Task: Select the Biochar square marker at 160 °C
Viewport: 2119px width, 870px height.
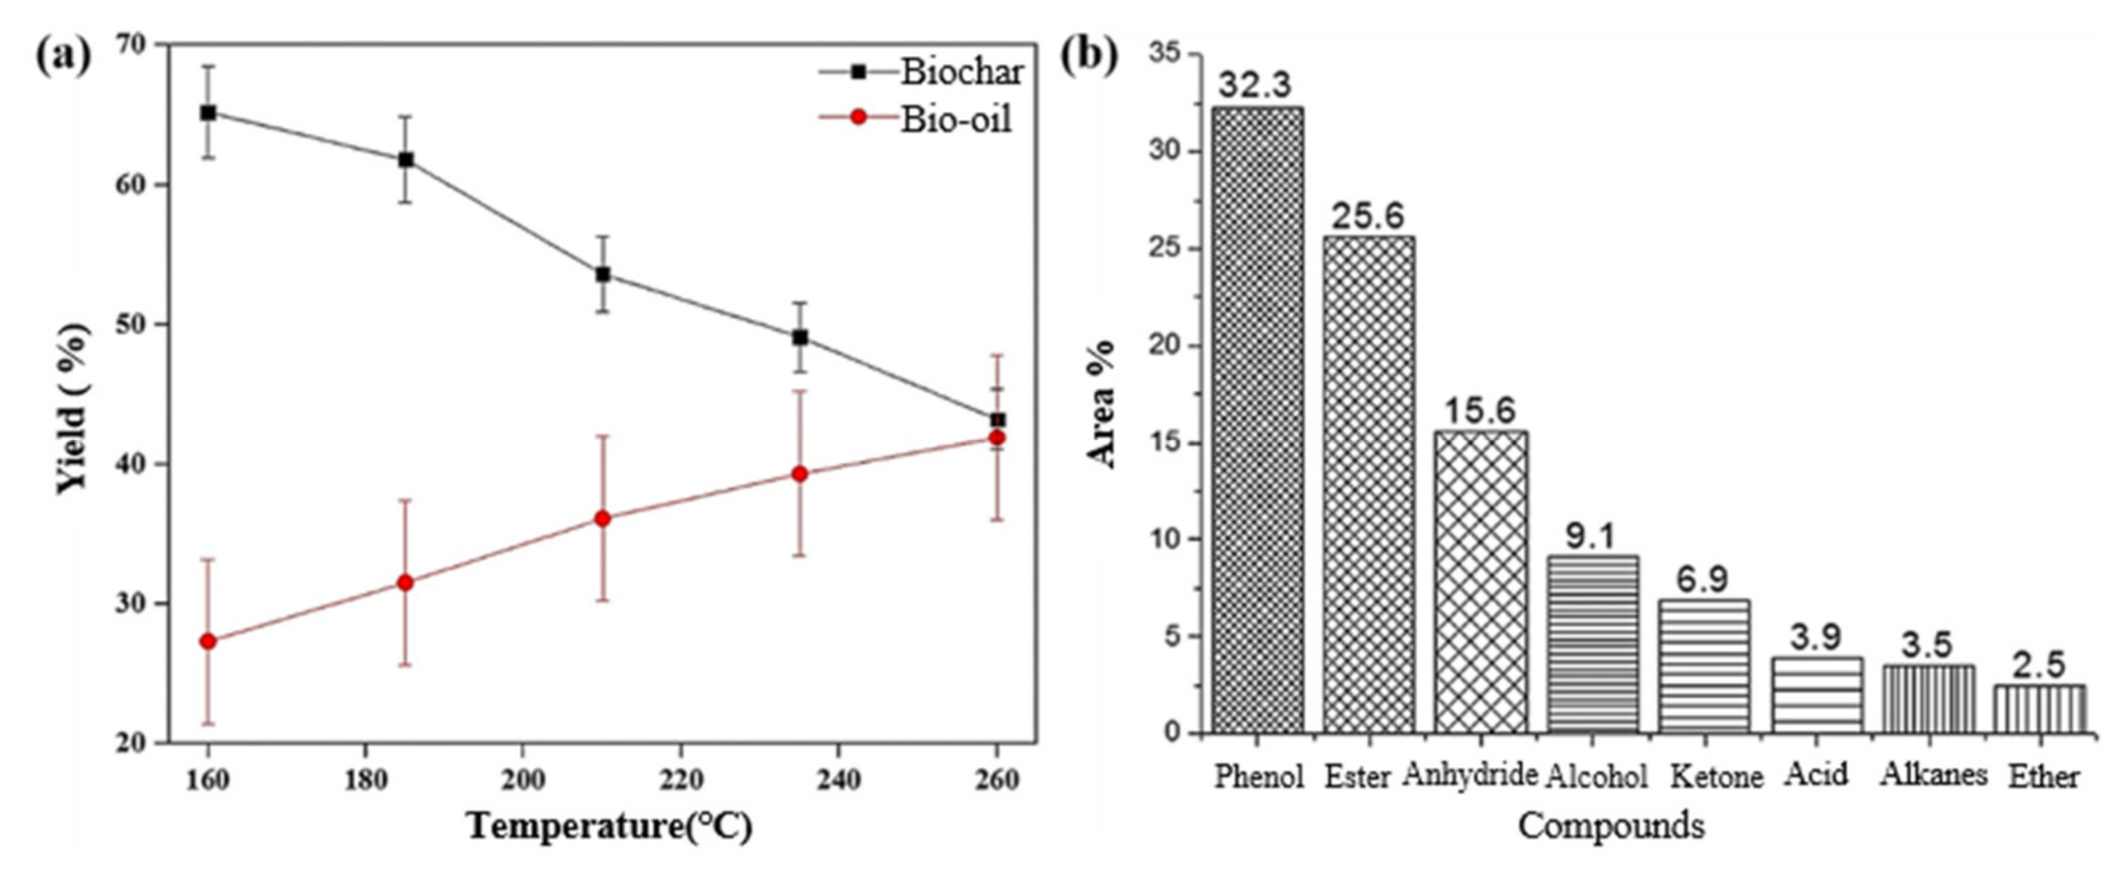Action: tap(208, 113)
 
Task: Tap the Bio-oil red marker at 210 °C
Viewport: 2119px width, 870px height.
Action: tap(602, 519)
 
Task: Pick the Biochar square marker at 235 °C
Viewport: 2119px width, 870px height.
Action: tap(799, 337)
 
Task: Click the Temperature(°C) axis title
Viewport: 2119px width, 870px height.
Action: tap(609, 826)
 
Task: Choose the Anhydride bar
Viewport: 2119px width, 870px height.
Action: tap(1480, 581)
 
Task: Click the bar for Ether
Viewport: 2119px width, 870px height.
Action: tap(2039, 709)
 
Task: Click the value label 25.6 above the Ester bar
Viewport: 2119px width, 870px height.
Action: tap(1369, 216)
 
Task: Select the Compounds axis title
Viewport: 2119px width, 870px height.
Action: tap(1610, 826)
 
